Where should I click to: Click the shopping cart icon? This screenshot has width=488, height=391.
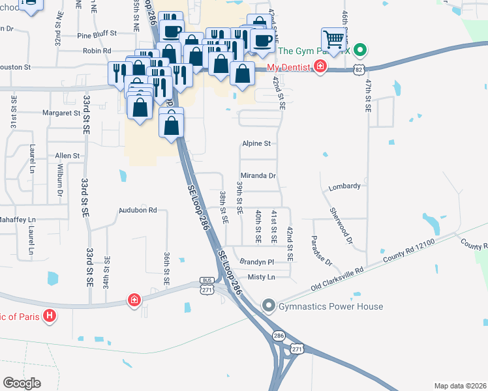tap(333, 40)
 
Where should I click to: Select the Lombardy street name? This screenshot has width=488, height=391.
tap(344, 186)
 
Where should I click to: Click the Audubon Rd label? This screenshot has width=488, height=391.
tap(138, 210)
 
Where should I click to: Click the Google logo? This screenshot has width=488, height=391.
tap(22, 383)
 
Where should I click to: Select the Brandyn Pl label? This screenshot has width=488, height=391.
tap(256, 261)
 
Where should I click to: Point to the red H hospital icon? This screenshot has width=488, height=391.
tap(50, 317)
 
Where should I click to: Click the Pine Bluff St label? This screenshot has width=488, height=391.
tap(97, 33)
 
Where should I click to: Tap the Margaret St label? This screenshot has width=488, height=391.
tap(61, 113)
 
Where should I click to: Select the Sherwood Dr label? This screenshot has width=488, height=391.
tap(341, 227)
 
